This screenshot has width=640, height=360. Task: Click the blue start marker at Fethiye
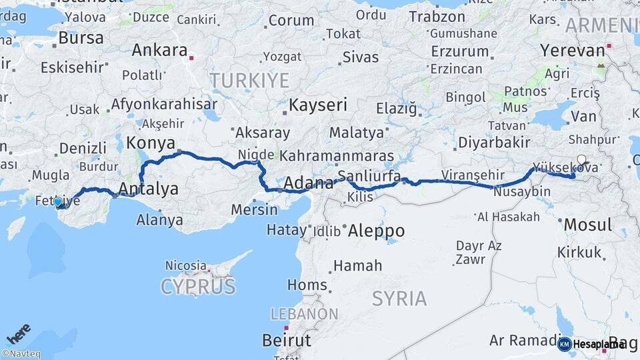coord(58,201)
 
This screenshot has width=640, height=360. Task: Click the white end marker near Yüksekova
coord(582,160)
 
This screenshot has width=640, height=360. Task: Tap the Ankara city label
coord(159,50)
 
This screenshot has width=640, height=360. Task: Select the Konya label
coord(151,143)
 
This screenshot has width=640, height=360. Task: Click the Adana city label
coord(309,183)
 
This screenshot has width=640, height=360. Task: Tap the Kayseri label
coord(319,105)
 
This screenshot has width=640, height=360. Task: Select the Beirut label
coord(287,340)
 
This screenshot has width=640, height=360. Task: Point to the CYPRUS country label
coord(198,287)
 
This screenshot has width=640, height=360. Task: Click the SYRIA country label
coord(399,299)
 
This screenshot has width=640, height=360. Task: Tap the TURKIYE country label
coord(250,81)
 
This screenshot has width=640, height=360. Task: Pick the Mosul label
coord(587,225)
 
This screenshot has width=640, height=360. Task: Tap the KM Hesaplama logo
coord(591,344)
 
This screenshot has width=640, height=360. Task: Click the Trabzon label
coord(437,17)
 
